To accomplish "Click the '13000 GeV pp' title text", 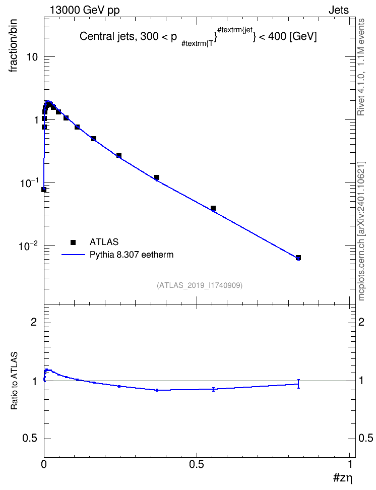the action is [85, 10].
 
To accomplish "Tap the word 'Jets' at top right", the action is [339, 10].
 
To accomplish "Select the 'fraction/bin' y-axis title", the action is [13, 46].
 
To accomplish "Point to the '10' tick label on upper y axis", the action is [32, 57].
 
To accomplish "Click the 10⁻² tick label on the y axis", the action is [28, 246].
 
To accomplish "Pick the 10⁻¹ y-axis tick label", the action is [28, 183].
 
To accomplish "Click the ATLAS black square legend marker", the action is [73, 242].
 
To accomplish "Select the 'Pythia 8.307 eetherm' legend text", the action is [132, 255].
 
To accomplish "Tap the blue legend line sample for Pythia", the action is [73, 255].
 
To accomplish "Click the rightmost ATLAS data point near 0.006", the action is [298, 258].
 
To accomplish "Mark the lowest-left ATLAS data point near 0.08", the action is [44, 190].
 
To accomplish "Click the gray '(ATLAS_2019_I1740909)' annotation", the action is [200, 285].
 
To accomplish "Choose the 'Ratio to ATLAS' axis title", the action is [14, 381].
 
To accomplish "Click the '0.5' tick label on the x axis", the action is [196, 464].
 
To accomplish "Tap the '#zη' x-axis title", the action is [343, 478].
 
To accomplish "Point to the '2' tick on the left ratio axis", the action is [34, 322].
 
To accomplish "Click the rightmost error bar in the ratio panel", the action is [298, 384].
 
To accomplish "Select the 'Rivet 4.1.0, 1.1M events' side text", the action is [361, 67].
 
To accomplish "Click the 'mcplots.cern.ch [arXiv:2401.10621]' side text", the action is [361, 231].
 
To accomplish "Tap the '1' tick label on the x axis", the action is [350, 464].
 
